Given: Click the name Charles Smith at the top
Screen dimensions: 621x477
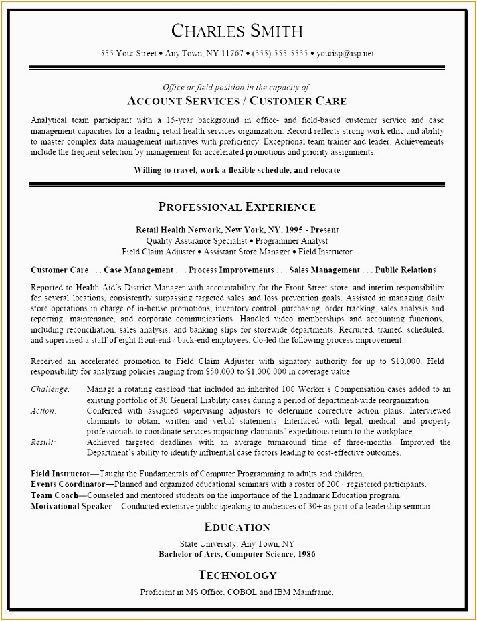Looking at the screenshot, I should click(237, 31).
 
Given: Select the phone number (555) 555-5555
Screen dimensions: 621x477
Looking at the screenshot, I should click(280, 53).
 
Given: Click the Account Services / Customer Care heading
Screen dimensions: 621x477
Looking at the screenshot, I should click(237, 102).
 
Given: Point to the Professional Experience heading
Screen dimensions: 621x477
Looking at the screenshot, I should click(237, 207).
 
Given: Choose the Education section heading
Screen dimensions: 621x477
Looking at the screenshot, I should click(237, 527).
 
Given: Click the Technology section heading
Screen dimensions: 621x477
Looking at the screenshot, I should click(237, 575).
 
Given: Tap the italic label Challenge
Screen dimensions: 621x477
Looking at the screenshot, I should click(50, 389).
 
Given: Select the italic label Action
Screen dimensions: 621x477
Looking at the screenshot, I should click(43, 411).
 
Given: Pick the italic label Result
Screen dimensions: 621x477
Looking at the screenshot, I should click(43, 442).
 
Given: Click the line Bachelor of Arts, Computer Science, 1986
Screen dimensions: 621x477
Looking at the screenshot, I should click(237, 554).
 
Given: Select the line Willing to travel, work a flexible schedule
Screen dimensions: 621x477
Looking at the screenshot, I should click(237, 170).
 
